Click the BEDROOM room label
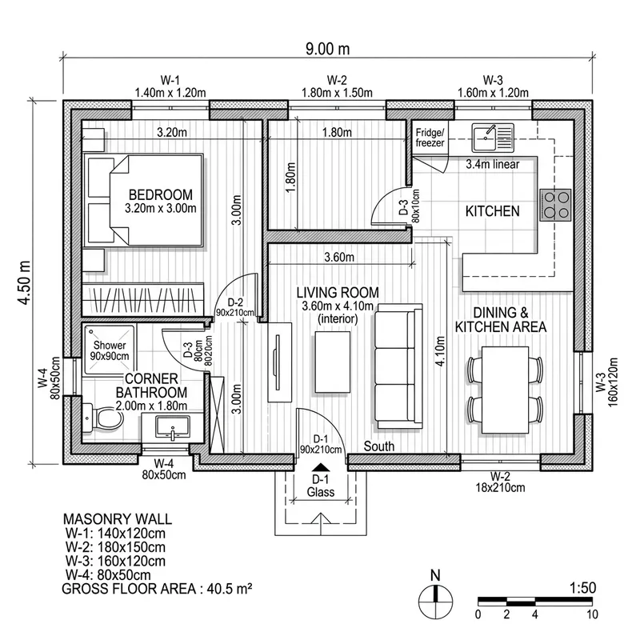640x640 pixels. click(160, 194)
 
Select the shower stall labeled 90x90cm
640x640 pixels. click(110, 350)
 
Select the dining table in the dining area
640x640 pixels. click(504, 382)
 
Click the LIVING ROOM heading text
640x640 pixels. click(336, 293)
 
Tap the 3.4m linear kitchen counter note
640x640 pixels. click(493, 165)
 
